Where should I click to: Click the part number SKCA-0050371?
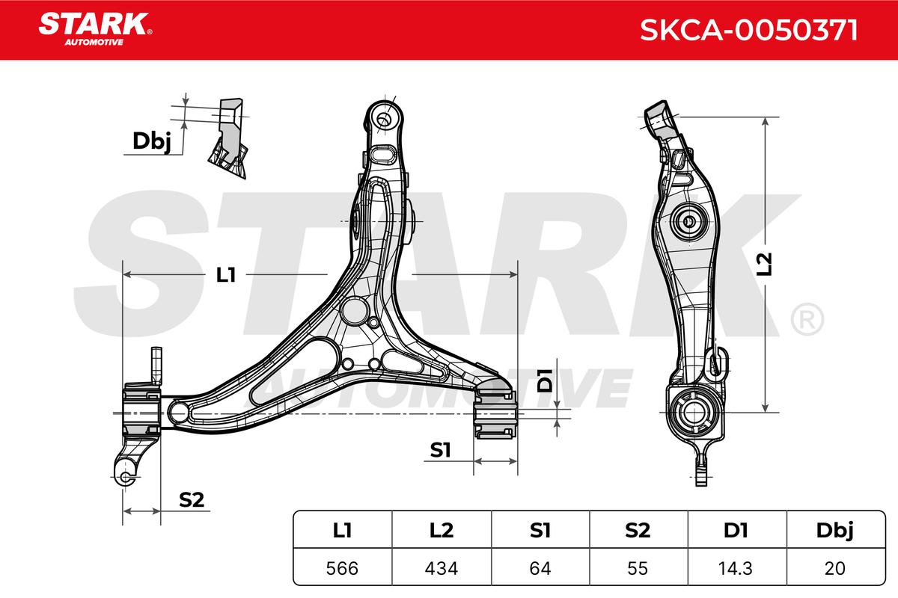(x=748, y=30)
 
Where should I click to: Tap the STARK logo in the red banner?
(x=95, y=28)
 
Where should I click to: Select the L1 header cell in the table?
(x=343, y=530)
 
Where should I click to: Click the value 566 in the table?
(x=342, y=568)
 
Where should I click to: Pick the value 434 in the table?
(x=441, y=568)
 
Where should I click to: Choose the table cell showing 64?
(x=540, y=568)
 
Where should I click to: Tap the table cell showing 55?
(x=638, y=568)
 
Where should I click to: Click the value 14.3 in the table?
(x=736, y=568)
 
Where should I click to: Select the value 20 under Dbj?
(x=835, y=568)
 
